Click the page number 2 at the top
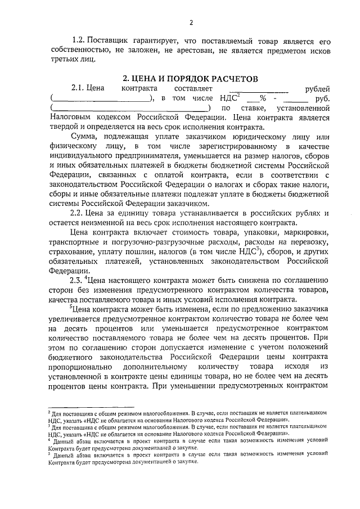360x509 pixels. pos(191,23)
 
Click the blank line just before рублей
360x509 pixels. pos(264,89)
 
